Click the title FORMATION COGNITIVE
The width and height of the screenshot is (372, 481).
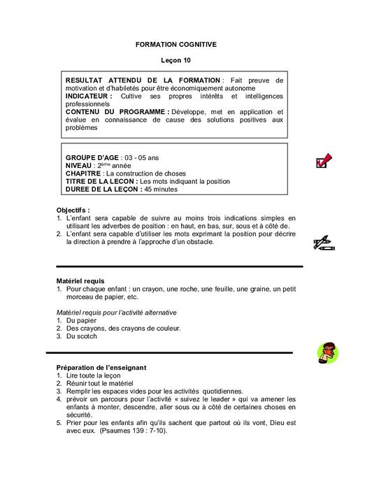pos(176,44)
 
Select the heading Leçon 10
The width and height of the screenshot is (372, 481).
pos(176,62)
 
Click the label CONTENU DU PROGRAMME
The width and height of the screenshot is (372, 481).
pos(116,112)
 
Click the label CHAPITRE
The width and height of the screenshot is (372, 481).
pos(83,173)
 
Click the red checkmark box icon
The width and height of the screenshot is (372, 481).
pos(323,161)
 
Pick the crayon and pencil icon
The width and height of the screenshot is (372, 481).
pos(324,243)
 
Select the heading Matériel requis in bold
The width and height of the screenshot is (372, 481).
pos(80,280)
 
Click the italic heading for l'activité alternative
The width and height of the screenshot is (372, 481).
pos(116,312)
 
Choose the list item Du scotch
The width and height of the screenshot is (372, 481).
pos(81,336)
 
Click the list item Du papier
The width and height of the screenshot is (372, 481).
pos(80,320)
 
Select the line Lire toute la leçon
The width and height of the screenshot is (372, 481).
pos(93,375)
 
